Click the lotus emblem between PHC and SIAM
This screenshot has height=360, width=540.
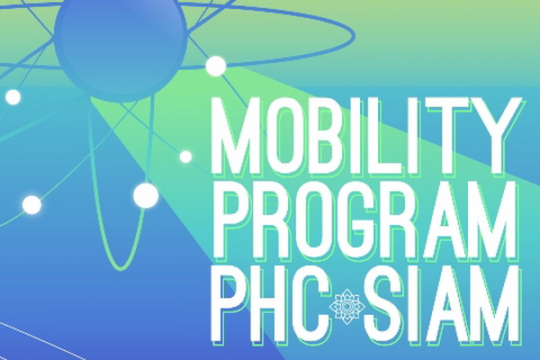click(x=347, y=306)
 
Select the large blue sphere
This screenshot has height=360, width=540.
click(x=121, y=43)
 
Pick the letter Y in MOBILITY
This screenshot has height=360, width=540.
click(x=497, y=136)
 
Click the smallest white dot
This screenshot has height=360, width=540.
click(x=185, y=157)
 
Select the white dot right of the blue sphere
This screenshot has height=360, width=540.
click(x=216, y=66)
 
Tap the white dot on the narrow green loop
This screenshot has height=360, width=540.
click(x=146, y=195)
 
